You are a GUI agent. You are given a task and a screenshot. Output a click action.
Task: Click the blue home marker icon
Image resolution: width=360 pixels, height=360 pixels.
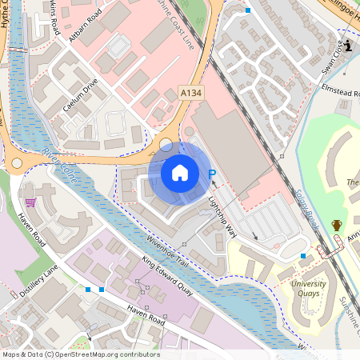(x=180, y=172)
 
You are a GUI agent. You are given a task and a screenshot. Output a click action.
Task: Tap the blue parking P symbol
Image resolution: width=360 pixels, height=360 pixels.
(x=212, y=174)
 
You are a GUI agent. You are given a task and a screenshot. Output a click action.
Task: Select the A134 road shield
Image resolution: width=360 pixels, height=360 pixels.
(x=190, y=94)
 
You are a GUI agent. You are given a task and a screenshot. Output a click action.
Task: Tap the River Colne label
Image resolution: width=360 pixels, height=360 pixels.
(x=59, y=164)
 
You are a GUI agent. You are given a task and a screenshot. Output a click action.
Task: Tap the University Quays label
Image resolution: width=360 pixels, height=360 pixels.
(x=308, y=288)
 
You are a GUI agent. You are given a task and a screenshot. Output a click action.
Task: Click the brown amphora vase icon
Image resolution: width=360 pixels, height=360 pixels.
(x=336, y=226)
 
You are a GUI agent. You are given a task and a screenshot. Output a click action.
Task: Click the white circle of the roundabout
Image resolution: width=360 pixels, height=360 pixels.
(x=166, y=145)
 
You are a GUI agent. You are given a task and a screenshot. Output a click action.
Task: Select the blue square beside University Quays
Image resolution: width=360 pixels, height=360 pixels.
(x=302, y=256)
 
